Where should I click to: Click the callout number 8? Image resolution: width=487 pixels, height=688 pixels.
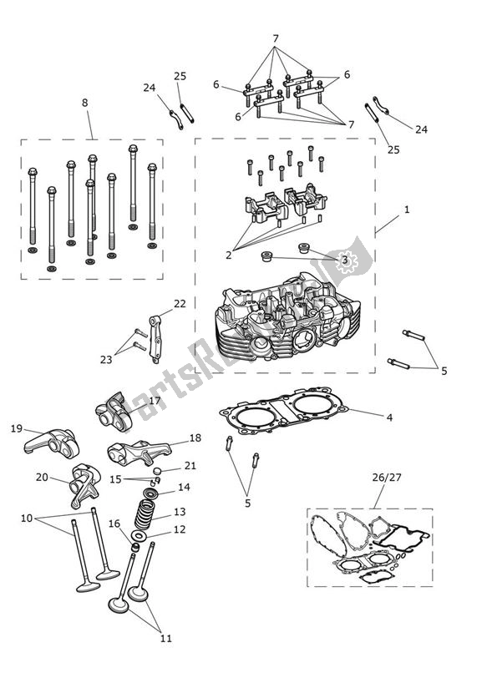click(84, 103)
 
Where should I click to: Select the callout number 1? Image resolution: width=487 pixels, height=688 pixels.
click(407, 210)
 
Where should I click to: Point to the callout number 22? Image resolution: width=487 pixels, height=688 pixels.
click(180, 303)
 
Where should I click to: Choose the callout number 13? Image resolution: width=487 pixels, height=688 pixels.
click(180, 512)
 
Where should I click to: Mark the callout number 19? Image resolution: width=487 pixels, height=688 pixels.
click(17, 428)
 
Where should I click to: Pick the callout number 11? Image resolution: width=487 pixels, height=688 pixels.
click(166, 639)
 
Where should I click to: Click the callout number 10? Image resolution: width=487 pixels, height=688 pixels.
click(28, 519)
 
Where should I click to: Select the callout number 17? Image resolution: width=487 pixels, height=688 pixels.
click(155, 401)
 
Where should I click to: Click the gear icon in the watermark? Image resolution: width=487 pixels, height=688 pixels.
click(347, 259)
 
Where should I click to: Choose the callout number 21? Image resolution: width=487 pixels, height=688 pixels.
click(190, 466)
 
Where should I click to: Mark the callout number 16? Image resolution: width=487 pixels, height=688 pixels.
click(114, 524)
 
